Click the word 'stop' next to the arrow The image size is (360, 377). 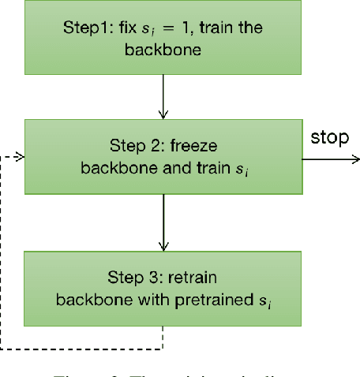point(328,139)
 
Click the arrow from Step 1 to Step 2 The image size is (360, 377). point(162,98)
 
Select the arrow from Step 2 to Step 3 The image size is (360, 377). point(163,222)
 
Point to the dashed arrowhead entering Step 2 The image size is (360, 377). point(20,157)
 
